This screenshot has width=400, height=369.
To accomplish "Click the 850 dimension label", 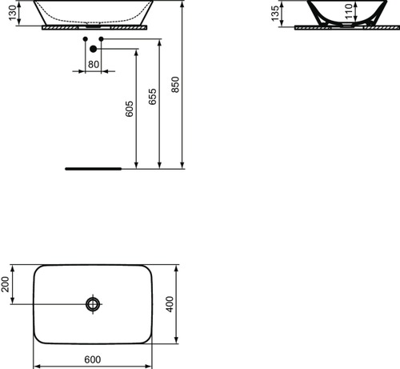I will [x=176, y=88].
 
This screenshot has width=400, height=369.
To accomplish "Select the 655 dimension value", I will [x=153, y=96].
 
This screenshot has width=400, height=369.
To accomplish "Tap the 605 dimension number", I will [x=130, y=109].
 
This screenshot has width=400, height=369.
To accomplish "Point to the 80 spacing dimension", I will [x=93, y=63].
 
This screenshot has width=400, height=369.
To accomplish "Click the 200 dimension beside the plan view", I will [x=6, y=285].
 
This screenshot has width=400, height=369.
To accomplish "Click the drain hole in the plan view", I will [x=93, y=304].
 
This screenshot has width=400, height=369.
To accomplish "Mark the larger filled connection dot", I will [x=93, y=50].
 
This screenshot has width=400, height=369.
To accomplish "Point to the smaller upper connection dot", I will [x=85, y=38].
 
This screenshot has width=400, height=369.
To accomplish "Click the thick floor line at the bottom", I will [x=92, y=170].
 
